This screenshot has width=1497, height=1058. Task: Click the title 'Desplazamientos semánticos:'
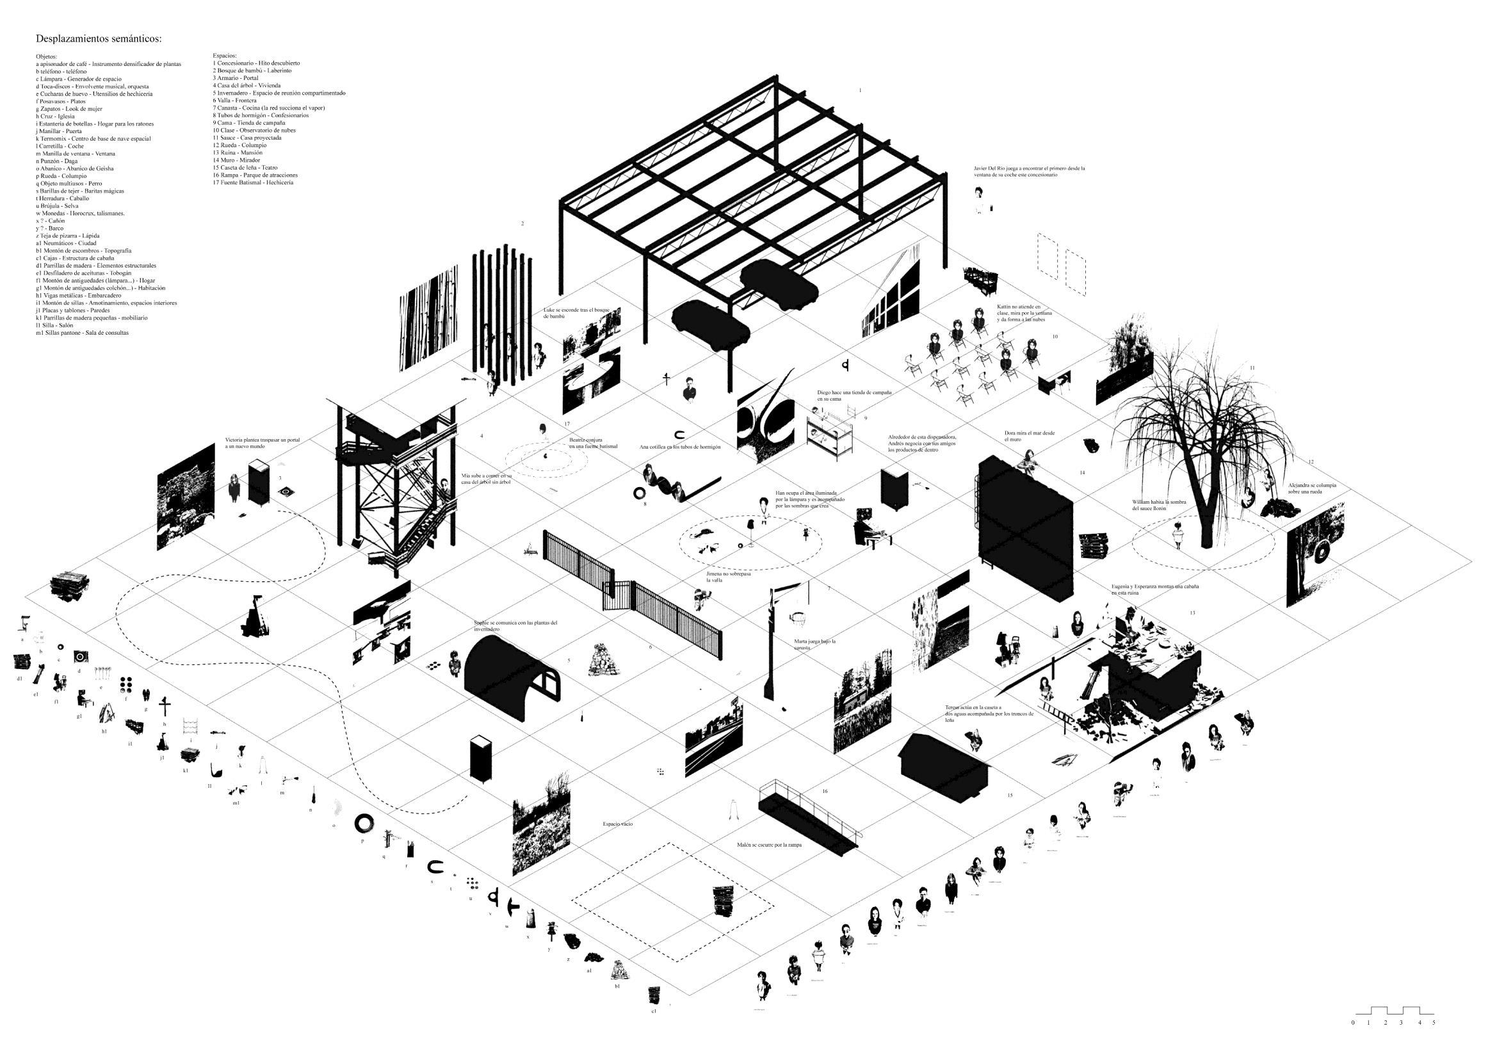tap(99, 39)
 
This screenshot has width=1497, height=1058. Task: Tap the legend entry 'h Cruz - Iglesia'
tap(56, 116)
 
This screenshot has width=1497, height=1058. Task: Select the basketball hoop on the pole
tap(797, 616)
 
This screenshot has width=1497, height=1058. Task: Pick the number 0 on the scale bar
tap(1353, 1041)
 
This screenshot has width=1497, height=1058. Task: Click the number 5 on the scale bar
tap(1434, 1041)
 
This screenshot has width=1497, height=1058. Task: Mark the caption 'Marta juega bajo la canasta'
tap(814, 644)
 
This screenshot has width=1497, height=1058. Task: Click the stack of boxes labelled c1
tap(654, 994)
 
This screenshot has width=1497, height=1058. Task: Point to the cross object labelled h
tap(166, 705)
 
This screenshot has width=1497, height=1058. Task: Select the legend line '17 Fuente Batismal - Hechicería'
tap(252, 182)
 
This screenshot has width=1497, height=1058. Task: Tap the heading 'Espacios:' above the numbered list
tap(224, 56)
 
